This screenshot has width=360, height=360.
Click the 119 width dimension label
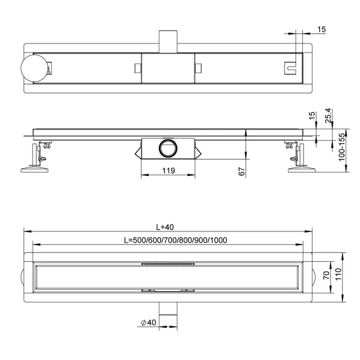[x=169, y=171]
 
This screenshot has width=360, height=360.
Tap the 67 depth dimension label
[x=242, y=171]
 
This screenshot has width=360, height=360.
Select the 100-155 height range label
[x=342, y=147]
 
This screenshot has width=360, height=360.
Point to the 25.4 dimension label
[x=329, y=115]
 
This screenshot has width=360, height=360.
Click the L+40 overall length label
[x=165, y=227]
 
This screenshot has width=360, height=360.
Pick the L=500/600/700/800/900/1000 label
[x=175, y=240]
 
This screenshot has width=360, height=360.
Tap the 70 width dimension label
[x=326, y=275]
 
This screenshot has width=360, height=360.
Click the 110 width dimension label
[x=338, y=274]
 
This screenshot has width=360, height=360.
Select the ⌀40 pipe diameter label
[x=149, y=322]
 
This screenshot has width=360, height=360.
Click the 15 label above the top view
[x=321, y=29]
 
